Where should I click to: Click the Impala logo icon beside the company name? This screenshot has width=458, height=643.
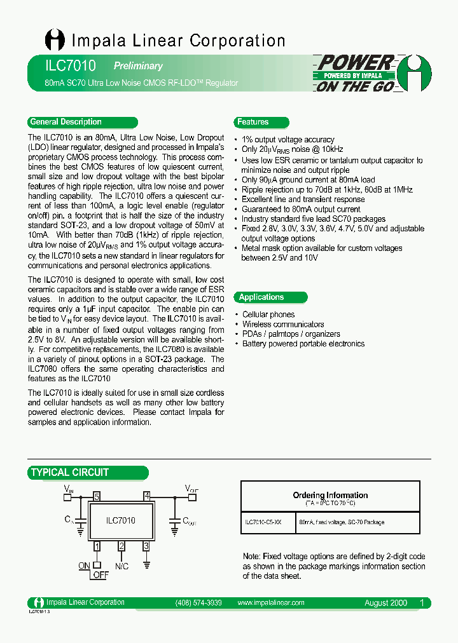[55, 40]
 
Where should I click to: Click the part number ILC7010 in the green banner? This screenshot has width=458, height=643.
[62, 65]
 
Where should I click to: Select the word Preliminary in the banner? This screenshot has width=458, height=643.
[138, 66]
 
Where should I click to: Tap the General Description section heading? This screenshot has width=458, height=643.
[66, 122]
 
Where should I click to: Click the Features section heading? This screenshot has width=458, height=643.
[253, 122]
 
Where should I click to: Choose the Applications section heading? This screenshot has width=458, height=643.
[261, 297]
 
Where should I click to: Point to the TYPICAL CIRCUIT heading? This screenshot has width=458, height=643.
[70, 473]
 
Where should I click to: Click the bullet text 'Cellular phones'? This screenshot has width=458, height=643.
[268, 315]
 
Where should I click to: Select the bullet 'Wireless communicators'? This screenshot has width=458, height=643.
[283, 324]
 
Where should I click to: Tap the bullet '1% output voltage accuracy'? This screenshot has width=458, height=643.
[288, 140]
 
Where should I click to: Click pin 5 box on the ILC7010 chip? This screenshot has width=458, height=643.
[97, 496]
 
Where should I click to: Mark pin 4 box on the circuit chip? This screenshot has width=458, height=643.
[147, 496]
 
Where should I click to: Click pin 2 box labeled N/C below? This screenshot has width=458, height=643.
[121, 546]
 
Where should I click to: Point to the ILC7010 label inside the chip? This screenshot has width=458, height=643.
[121, 520]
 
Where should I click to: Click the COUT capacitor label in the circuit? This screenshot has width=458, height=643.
[190, 520]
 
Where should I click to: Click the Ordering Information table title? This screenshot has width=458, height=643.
[330, 495]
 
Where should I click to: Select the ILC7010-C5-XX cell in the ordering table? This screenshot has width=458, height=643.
[267, 522]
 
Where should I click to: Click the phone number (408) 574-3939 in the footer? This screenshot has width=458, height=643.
[198, 602]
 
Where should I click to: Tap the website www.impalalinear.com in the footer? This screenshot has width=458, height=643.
[270, 602]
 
